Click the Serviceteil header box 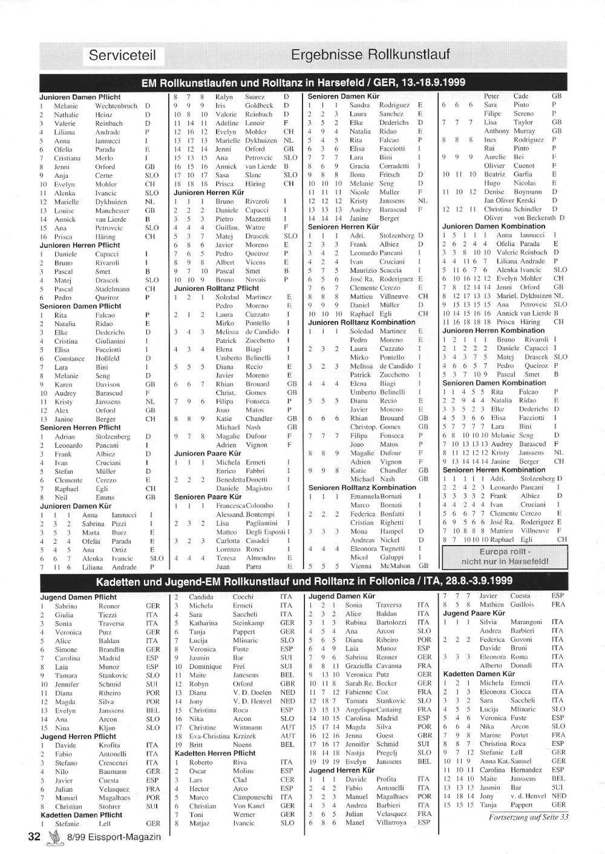tap(122, 56)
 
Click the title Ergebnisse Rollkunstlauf tap(370, 55)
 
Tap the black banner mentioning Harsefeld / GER tap(303, 83)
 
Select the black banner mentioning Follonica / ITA tap(304, 581)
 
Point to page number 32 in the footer tap(33, 837)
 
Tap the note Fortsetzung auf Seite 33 tap(528, 817)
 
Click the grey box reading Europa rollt tap(505, 556)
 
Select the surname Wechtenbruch tap(116, 106)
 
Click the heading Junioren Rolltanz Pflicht tap(216, 288)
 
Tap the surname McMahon tap(397, 566)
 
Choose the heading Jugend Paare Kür tap(474, 613)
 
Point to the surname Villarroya tap(393, 823)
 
